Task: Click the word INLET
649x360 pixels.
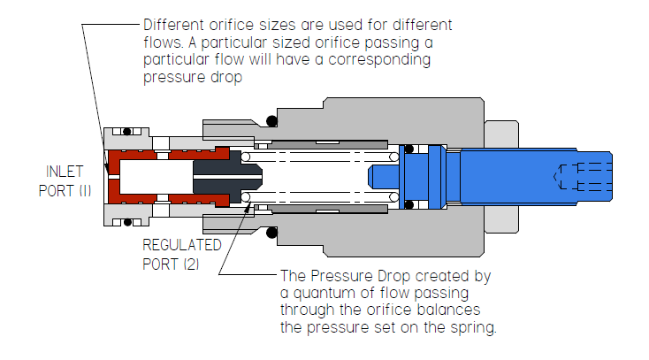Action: [65, 172]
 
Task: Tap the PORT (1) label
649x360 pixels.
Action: [65, 190]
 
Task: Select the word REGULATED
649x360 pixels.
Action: [182, 245]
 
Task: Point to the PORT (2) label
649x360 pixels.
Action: [171, 264]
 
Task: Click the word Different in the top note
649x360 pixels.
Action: [174, 25]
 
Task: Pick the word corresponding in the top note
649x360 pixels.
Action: [379, 60]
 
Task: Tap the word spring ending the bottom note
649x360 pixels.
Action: [473, 327]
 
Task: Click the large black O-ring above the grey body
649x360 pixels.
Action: [271, 121]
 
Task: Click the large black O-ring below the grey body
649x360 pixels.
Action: [271, 233]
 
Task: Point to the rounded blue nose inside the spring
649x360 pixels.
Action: [383, 177]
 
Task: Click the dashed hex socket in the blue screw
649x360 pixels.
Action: [583, 177]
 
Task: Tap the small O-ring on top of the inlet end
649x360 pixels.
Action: [127, 132]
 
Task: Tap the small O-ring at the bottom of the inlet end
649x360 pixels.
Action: [127, 223]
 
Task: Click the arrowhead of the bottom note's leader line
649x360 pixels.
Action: [248, 208]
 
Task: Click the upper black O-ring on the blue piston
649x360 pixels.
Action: [408, 149]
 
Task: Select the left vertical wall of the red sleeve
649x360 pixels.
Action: [114, 177]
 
